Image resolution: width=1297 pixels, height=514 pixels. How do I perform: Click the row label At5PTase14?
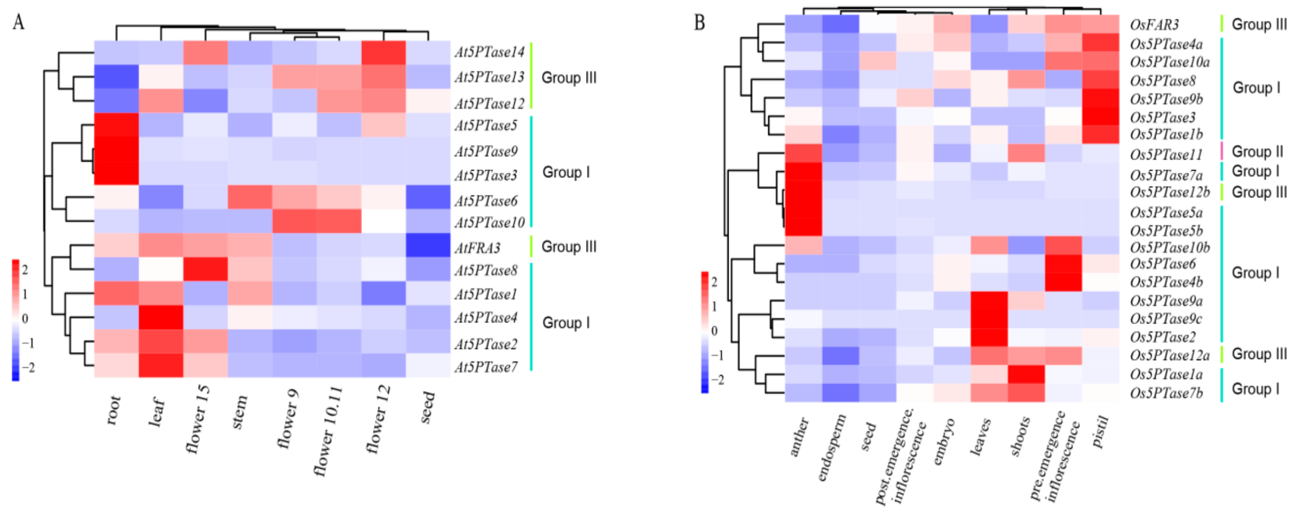click(489, 52)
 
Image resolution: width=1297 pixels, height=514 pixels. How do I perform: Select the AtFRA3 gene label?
click(477, 248)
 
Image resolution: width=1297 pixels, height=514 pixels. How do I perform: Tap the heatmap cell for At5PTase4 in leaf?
click(161, 317)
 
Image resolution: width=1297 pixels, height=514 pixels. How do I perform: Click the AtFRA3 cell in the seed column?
click(428, 246)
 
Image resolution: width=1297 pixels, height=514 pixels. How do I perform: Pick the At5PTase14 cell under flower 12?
click(384, 53)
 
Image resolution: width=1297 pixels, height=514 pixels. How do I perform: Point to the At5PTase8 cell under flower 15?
click(205, 269)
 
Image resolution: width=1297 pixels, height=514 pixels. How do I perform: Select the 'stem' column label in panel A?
click(239, 412)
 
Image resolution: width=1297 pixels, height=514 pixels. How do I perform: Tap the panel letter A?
click(18, 22)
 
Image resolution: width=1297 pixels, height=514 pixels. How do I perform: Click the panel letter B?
click(700, 23)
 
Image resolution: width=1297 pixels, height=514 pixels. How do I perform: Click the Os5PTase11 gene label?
click(1166, 155)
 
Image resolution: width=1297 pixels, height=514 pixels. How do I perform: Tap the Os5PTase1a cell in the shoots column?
click(1026, 374)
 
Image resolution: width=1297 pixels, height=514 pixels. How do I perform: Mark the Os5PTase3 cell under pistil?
click(1100, 117)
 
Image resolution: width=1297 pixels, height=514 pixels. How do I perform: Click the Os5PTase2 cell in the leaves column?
click(989, 337)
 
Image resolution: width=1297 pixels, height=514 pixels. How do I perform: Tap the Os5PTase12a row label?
click(1169, 355)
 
